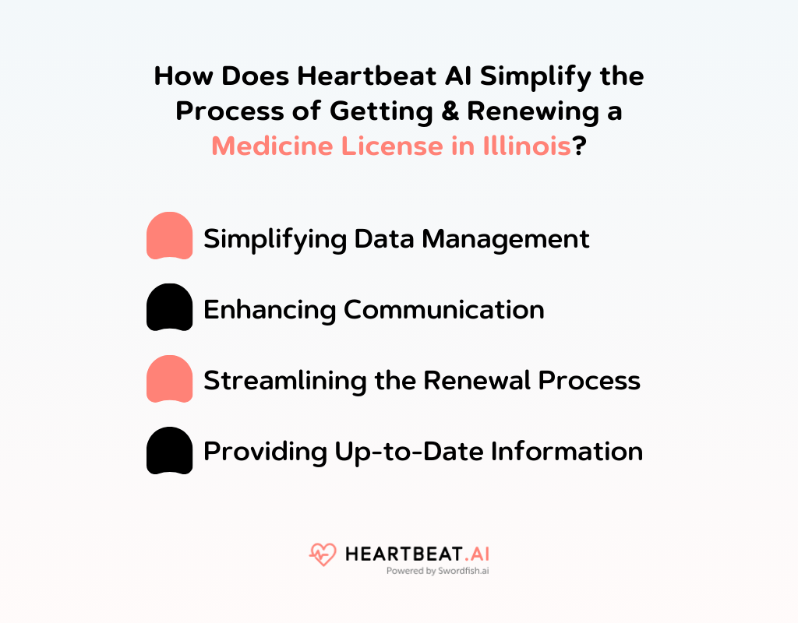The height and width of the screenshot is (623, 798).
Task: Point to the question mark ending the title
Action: (579, 145)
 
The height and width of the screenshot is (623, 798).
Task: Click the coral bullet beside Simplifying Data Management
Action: (169, 236)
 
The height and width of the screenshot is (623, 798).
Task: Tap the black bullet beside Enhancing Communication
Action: (169, 308)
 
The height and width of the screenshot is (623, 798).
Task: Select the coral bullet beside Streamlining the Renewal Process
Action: (169, 379)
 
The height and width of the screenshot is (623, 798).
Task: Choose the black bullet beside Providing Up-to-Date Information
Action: (169, 451)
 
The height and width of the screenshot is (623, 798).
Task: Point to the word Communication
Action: (444, 309)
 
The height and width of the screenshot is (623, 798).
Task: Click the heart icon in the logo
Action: (321, 554)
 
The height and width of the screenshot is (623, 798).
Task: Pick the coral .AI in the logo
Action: (475, 554)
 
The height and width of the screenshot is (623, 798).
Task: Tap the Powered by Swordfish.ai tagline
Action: (437, 571)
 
